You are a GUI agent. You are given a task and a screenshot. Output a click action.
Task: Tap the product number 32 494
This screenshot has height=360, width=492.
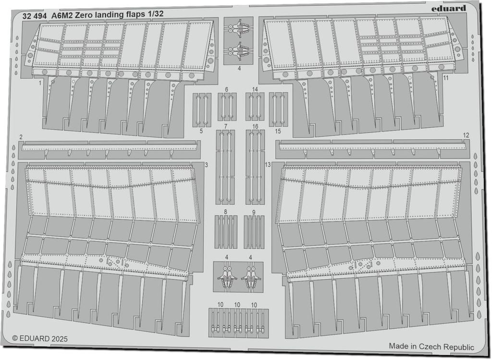34,14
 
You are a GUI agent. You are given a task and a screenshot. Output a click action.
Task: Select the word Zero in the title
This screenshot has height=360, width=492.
87,14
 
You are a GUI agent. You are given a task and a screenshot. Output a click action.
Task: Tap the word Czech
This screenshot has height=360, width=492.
428,347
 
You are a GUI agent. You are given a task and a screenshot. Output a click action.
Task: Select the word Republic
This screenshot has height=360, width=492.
457,347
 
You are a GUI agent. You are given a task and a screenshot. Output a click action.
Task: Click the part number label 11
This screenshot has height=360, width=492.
446,78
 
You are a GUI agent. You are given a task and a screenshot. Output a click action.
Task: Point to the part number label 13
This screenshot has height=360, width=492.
268,165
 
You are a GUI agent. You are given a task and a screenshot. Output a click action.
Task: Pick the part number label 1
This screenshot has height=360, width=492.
41,82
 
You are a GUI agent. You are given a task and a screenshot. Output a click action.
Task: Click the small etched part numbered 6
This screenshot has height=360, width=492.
226,106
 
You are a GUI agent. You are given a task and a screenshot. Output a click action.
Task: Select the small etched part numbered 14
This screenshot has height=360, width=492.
255,106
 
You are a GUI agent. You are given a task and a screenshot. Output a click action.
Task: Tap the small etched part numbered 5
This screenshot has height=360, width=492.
202,109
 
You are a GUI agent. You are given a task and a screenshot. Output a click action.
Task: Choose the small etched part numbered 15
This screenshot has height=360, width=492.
278,109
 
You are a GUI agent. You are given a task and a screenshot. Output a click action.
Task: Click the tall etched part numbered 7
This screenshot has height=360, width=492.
225,166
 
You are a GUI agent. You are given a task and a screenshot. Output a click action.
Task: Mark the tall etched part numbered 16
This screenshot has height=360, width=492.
255,166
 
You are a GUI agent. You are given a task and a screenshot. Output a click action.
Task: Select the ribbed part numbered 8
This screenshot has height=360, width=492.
225,232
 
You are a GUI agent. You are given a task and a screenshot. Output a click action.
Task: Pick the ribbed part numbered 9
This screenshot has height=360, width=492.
254,232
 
